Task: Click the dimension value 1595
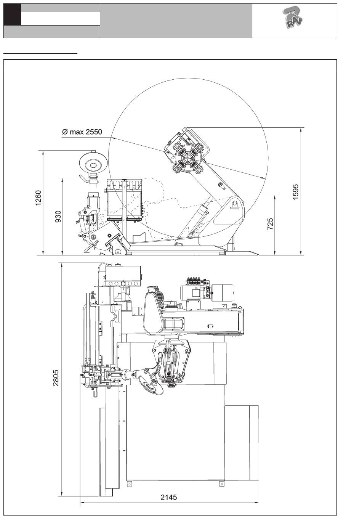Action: tap(295, 192)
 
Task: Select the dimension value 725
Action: tap(270, 224)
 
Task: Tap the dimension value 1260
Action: tap(38, 198)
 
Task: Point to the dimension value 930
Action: tap(58, 216)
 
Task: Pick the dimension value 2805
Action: tap(56, 378)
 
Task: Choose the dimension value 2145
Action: tap(169, 497)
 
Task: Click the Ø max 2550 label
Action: tap(82, 132)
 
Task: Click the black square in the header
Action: tap(12, 14)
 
